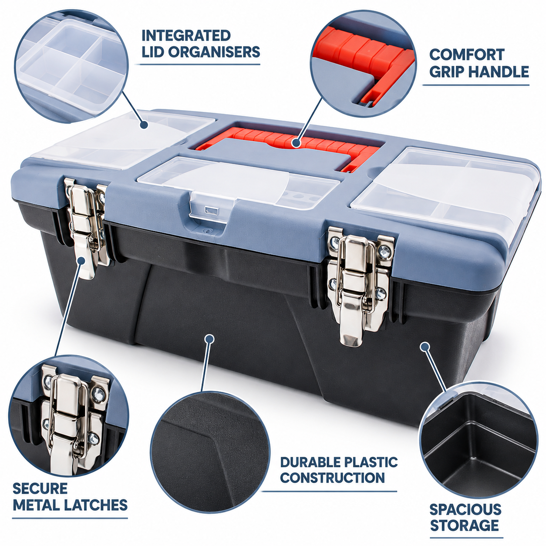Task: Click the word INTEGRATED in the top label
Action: click(x=186, y=36)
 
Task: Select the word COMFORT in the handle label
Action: click(x=467, y=55)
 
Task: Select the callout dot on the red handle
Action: click(x=297, y=143)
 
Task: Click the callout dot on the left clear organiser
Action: click(x=145, y=125)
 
